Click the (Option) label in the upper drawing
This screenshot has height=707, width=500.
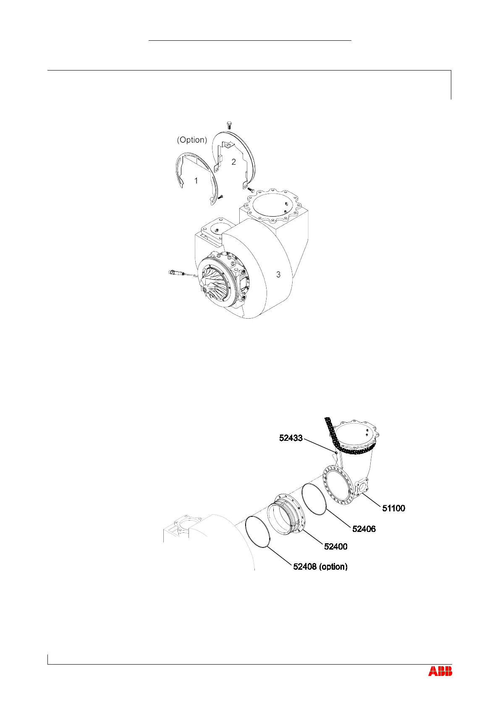[x=192, y=140]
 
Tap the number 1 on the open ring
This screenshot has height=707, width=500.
[x=196, y=181]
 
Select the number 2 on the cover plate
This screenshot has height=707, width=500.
[x=234, y=161]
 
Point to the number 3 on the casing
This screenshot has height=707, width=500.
[x=278, y=275]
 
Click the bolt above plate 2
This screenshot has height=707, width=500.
[x=229, y=124]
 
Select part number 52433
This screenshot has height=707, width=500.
[x=291, y=438]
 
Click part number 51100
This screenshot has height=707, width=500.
[x=393, y=508]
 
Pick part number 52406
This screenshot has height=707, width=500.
[x=364, y=529]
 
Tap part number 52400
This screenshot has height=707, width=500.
[x=336, y=547]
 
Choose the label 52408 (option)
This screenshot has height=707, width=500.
[x=320, y=567]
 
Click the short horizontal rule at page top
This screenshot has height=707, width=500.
[x=250, y=41]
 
